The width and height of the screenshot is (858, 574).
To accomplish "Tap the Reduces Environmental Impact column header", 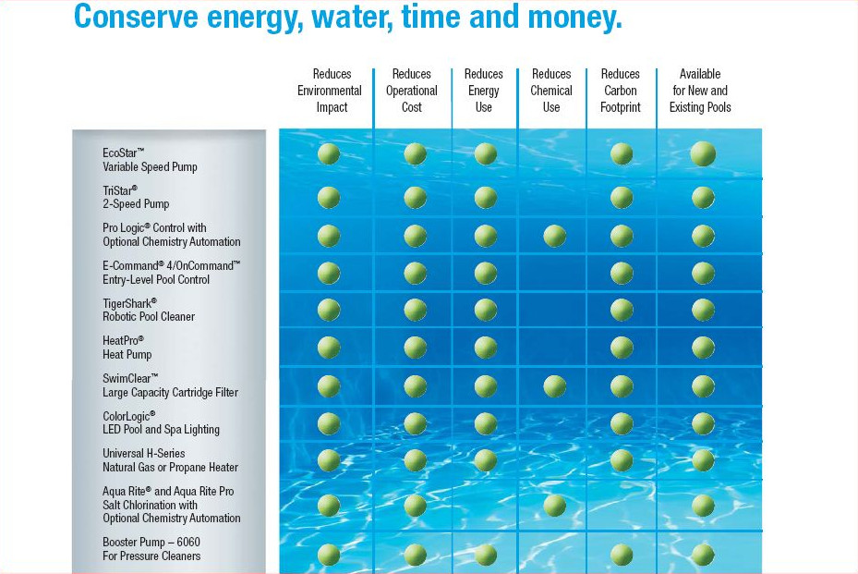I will [x=330, y=91].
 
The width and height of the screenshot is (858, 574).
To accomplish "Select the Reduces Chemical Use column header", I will [x=551, y=91].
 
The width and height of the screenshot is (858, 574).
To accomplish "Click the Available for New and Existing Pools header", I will [x=700, y=91].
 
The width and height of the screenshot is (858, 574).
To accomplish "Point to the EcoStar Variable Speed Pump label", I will [x=150, y=159].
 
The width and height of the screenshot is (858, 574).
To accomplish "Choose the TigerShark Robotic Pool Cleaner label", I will [x=148, y=309].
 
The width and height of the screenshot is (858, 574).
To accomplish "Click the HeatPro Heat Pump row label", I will [x=127, y=347].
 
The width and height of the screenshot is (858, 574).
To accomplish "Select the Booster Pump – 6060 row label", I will [x=151, y=548].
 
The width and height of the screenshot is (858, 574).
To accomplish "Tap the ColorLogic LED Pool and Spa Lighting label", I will [x=161, y=422].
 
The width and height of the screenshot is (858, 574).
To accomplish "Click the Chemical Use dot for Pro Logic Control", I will [x=554, y=236].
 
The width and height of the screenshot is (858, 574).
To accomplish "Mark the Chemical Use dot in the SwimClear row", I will [x=554, y=385].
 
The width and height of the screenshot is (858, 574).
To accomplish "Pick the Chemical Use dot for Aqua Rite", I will [x=554, y=505].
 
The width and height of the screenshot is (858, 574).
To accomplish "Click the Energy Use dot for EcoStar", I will [x=486, y=154].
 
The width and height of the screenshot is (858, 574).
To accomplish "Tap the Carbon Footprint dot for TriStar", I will [x=622, y=197].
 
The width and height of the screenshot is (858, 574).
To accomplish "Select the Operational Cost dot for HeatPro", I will [x=416, y=347].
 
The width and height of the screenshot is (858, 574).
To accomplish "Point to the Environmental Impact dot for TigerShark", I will [x=329, y=309].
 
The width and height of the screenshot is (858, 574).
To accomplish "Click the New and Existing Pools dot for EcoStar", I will [x=703, y=154].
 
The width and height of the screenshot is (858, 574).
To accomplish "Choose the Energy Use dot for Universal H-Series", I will [x=486, y=459].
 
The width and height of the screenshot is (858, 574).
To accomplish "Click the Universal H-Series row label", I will [x=170, y=460].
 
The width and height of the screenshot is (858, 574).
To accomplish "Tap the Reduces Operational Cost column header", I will [x=412, y=91].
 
